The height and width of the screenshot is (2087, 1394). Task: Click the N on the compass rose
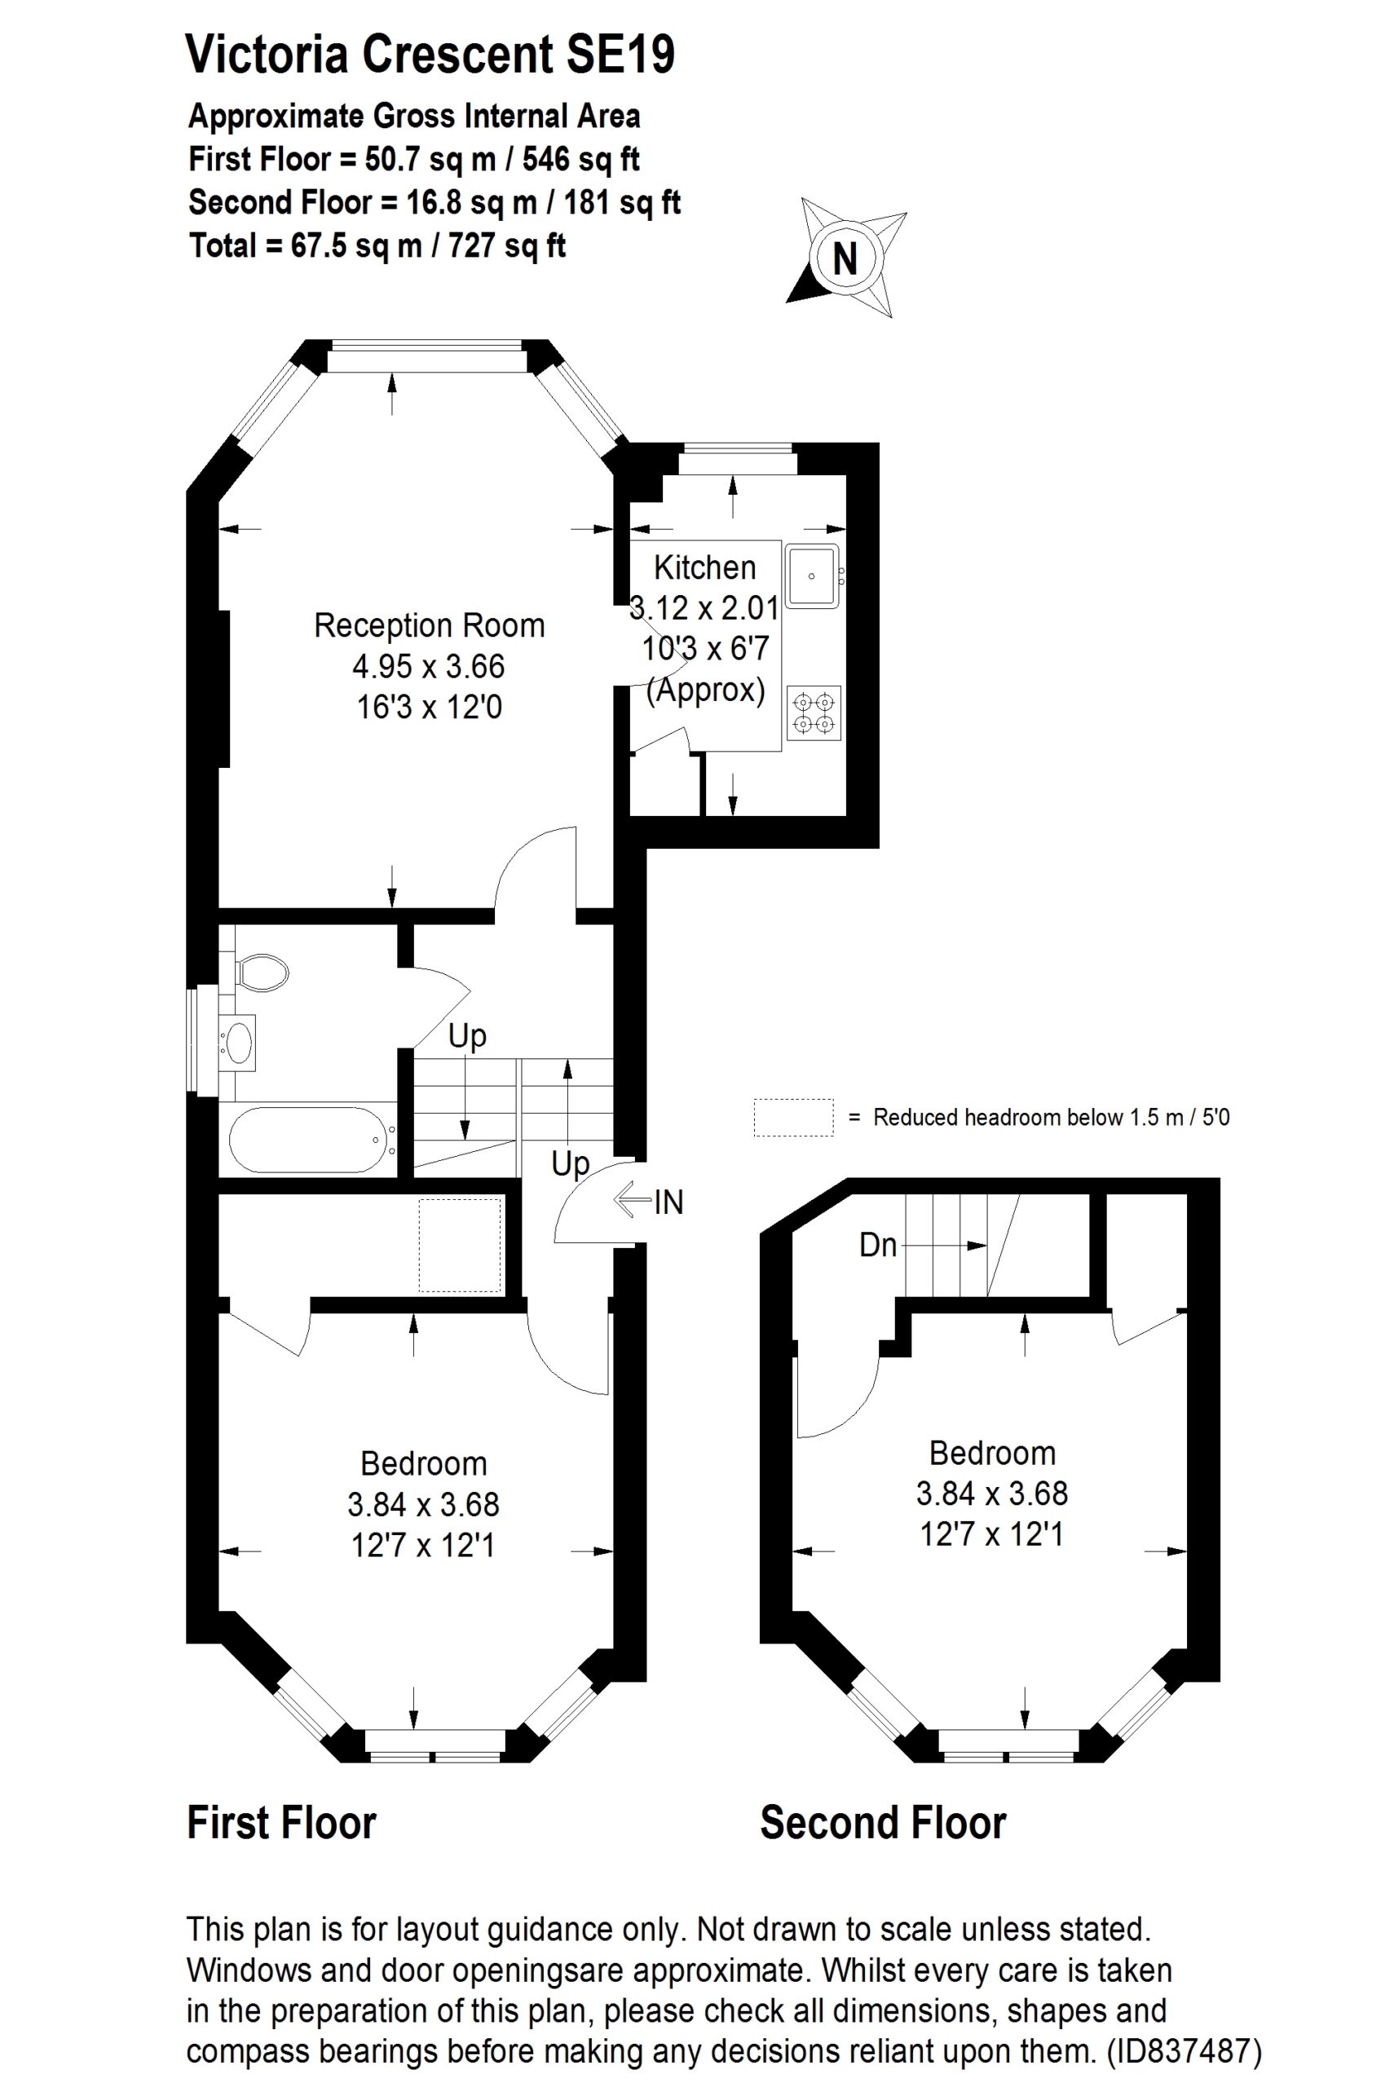[845, 259]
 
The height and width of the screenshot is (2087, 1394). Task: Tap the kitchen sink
[812, 576]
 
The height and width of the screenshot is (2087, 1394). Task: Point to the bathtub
[307, 1139]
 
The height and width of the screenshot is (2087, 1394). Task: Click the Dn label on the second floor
[877, 1245]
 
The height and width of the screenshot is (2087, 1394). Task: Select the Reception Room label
[429, 626]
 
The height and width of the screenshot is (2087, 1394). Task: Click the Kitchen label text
[704, 567]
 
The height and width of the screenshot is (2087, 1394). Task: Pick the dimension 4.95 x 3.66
[429, 667]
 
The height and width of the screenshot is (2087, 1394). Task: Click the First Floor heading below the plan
[282, 1823]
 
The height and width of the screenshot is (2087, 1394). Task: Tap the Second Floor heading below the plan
[883, 1823]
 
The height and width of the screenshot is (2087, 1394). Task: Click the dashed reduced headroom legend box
[793, 1117]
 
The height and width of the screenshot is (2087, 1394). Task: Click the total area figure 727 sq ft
[507, 245]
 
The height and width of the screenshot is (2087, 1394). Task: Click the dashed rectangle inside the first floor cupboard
[461, 1245]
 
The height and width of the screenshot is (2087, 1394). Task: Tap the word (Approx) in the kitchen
[705, 690]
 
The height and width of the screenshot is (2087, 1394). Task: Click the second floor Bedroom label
[992, 1453]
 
